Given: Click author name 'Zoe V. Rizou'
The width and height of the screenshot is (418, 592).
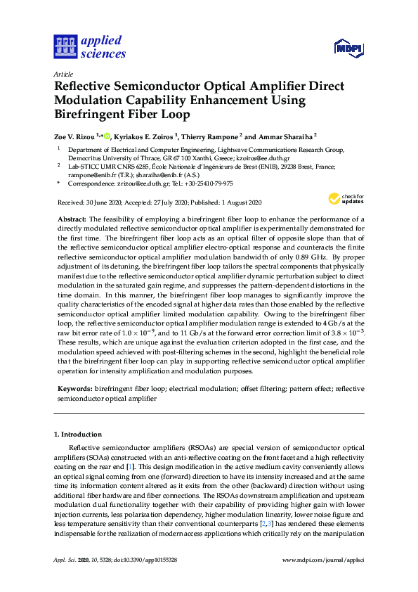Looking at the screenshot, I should point(74,135).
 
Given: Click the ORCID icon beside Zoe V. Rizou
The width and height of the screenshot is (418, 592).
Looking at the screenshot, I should point(107,134).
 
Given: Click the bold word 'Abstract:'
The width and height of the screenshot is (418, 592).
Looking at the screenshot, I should point(72,220).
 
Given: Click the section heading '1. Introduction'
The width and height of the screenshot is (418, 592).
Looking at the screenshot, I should point(78,435).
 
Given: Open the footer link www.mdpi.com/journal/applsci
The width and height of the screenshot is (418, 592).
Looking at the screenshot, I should point(322,560).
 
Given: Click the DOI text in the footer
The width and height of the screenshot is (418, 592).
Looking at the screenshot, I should point(138,560).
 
